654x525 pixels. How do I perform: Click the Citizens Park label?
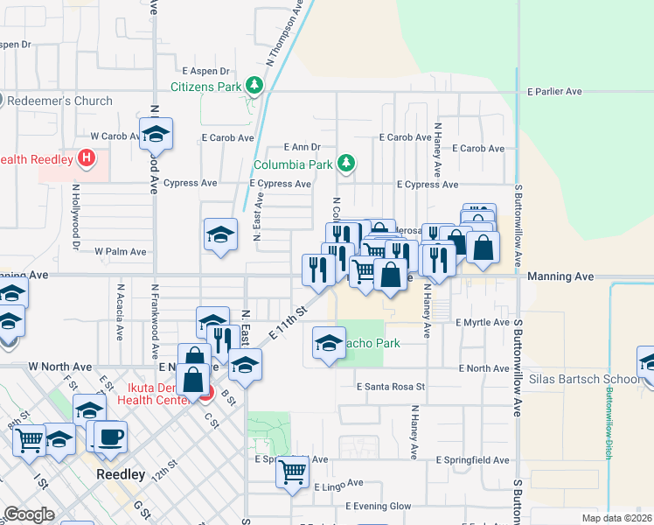point(205,87)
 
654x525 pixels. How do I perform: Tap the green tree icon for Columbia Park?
point(346,164)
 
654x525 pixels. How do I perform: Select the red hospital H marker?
point(87,158)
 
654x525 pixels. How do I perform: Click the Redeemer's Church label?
point(60,101)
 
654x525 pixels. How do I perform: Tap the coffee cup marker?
point(110,437)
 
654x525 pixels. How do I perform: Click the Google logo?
point(29,514)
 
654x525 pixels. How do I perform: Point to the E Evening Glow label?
point(378,507)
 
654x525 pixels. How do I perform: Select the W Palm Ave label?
point(121,251)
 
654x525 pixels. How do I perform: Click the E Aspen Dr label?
point(205,71)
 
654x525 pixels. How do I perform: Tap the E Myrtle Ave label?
point(483,323)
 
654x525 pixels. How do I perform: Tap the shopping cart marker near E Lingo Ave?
point(292,472)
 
